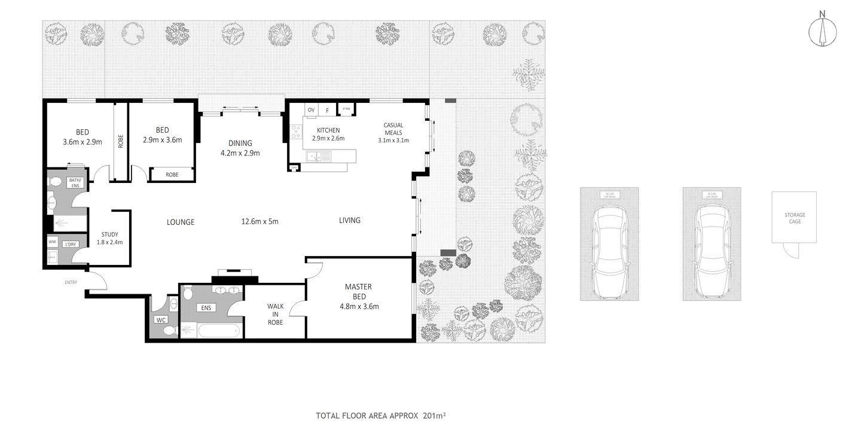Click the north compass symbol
(x=823, y=31)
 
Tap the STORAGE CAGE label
(x=795, y=218)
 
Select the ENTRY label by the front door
(x=72, y=282)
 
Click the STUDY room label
(x=109, y=234)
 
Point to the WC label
(x=160, y=320)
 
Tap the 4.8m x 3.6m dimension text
(x=359, y=307)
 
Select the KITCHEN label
(x=328, y=130)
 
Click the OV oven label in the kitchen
(x=311, y=110)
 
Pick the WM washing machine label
(x=52, y=242)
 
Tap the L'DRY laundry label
(x=71, y=244)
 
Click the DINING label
(x=240, y=143)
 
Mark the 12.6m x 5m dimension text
(x=259, y=221)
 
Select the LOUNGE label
(x=181, y=222)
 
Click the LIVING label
(x=350, y=220)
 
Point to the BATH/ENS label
(x=75, y=183)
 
